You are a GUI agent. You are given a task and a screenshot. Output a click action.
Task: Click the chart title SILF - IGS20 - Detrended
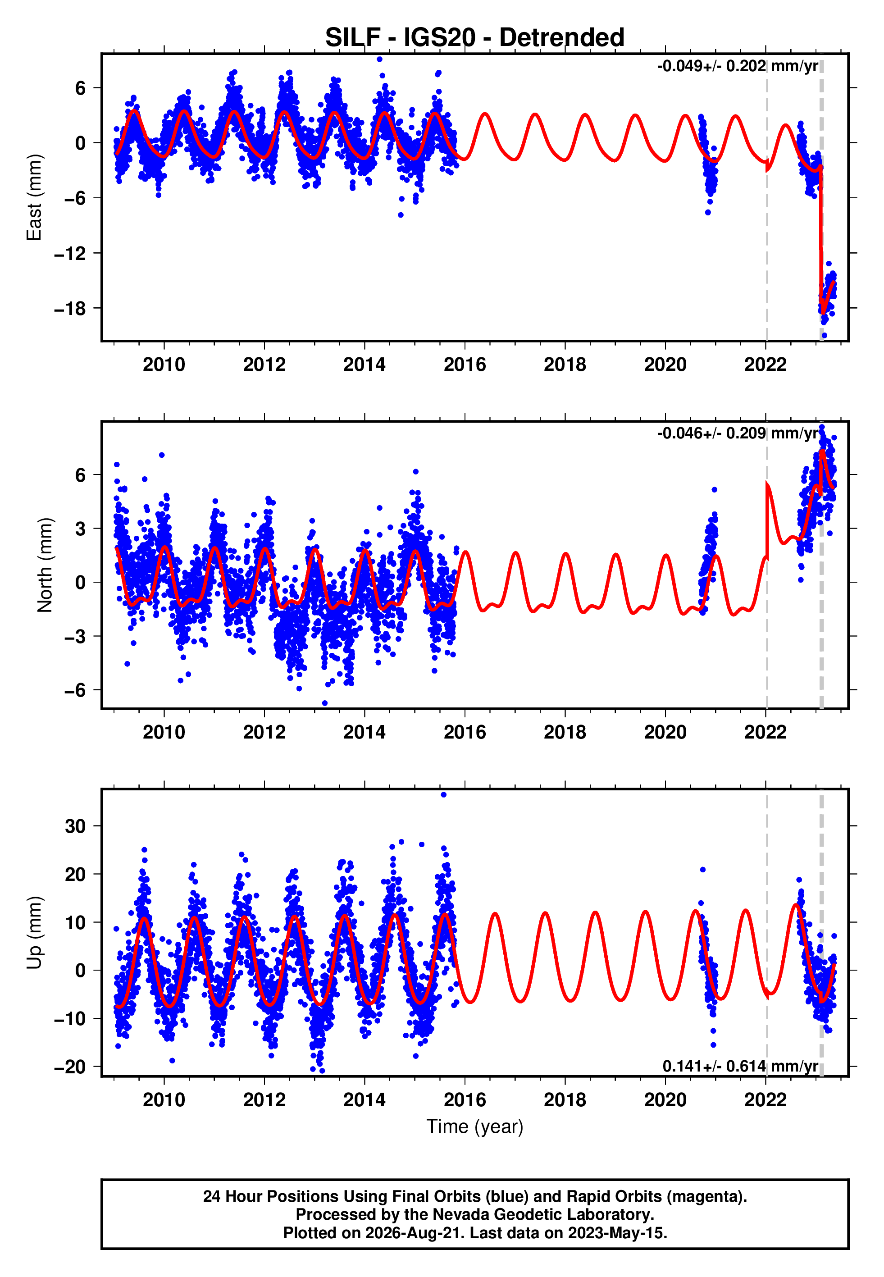pyautogui.click(x=475, y=38)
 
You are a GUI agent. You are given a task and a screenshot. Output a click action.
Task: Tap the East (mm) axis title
pyautogui.click(x=34, y=197)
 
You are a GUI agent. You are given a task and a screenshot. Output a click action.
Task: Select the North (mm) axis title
pyautogui.click(x=45, y=565)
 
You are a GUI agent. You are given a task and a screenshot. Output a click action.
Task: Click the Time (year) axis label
pyautogui.click(x=475, y=1127)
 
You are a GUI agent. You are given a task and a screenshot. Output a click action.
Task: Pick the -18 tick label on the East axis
pyautogui.click(x=70, y=309)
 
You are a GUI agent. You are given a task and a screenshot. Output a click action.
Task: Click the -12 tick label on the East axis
pyautogui.click(x=70, y=254)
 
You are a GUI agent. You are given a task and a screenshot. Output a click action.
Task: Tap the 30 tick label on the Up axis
pyautogui.click(x=75, y=826)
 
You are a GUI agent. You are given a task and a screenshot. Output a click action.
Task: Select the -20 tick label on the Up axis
pyautogui.click(x=70, y=1067)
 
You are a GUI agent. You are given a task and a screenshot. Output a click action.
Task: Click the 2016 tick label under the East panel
pyautogui.click(x=465, y=365)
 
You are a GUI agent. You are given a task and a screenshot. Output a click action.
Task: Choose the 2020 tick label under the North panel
pyautogui.click(x=665, y=732)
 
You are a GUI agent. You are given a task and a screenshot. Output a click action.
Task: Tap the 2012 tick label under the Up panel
pyautogui.click(x=264, y=1100)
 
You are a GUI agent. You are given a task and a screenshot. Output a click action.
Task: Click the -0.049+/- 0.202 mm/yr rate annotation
pyautogui.click(x=737, y=66)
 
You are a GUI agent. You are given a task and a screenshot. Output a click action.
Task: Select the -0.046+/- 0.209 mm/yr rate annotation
pyautogui.click(x=737, y=433)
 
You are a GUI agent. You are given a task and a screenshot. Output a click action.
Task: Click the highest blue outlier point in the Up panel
pyautogui.click(x=443, y=795)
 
